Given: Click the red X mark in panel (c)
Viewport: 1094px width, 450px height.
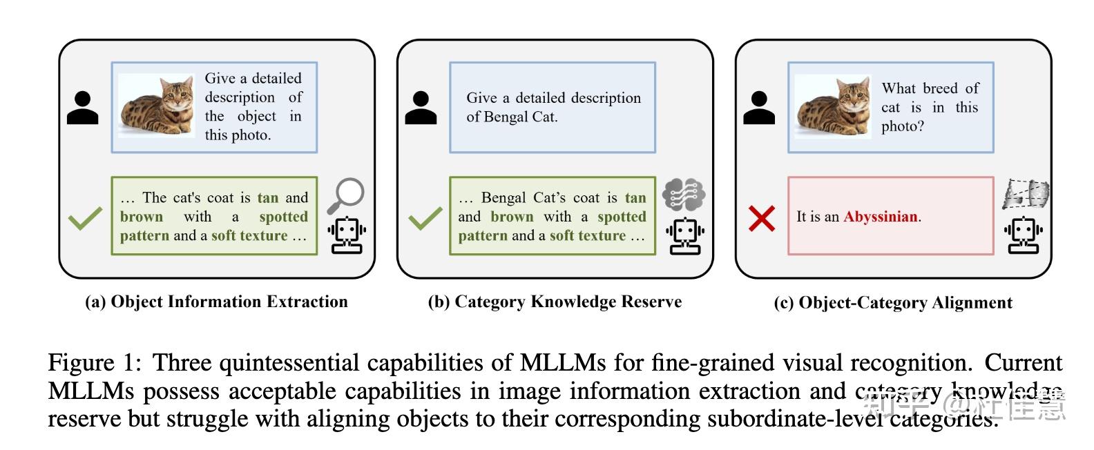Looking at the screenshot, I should click(762, 219).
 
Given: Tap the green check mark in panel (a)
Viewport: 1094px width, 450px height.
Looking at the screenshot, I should click(85, 219).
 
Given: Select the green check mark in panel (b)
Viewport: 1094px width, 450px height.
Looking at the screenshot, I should click(425, 219).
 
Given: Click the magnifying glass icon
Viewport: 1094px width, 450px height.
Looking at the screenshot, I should click(345, 195).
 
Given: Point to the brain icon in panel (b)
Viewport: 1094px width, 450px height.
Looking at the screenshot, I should click(684, 194).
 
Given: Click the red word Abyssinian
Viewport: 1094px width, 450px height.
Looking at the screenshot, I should click(881, 217).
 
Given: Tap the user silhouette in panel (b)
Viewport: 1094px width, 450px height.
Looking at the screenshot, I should click(421, 108).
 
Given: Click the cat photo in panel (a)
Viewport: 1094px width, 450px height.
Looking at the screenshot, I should click(157, 106).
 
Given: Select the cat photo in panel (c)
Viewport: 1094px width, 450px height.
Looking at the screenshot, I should click(833, 106).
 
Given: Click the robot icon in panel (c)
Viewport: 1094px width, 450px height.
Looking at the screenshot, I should click(1023, 235).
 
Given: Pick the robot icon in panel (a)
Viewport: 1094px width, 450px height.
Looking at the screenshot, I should click(346, 235).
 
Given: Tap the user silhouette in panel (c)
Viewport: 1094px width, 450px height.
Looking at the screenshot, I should click(759, 108).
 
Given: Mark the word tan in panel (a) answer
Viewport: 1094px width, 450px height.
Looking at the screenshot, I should click(267, 198).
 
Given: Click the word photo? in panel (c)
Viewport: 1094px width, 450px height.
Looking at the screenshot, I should click(902, 126).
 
